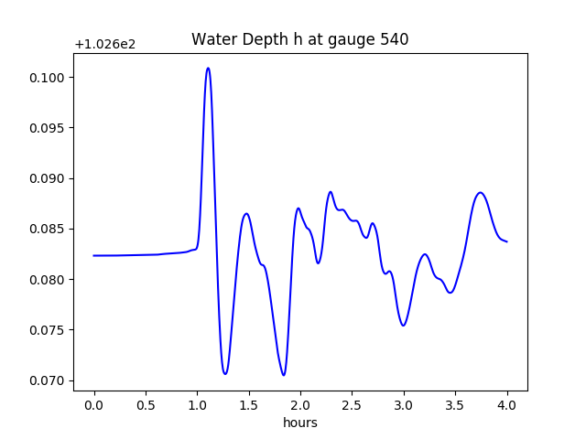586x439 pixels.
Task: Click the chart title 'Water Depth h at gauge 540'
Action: (x=299, y=39)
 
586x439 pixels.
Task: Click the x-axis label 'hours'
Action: (x=299, y=423)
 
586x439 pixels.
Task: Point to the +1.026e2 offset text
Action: (x=105, y=44)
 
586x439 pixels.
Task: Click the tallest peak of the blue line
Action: (x=208, y=68)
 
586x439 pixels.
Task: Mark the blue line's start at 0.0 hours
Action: (x=94, y=255)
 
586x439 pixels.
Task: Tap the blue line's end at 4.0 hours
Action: (x=507, y=241)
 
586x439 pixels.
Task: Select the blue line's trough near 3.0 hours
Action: (x=403, y=326)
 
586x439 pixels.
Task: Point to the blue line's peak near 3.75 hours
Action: (x=481, y=192)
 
